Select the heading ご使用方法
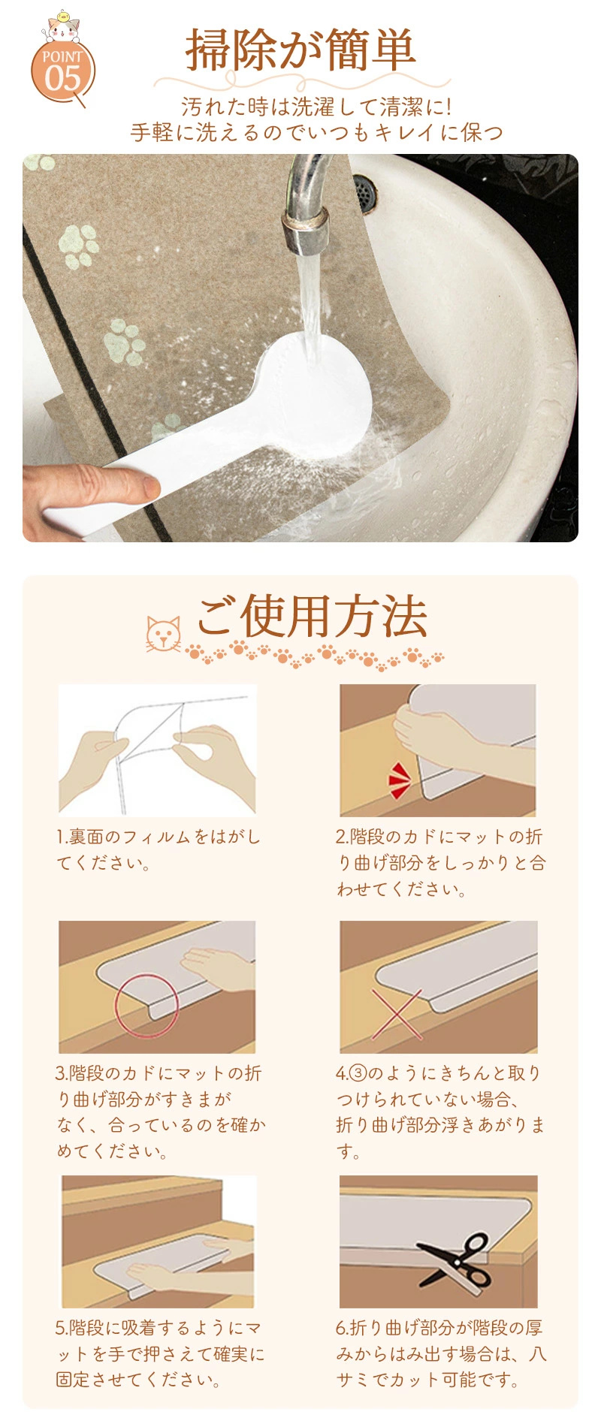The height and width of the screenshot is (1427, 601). pyautogui.click(x=312, y=617)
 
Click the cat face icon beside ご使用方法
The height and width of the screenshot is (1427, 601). pyautogui.click(x=164, y=634)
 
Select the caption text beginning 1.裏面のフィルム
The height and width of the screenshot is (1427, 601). pyautogui.click(x=159, y=849)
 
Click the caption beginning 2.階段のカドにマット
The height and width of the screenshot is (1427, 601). pyautogui.click(x=440, y=863)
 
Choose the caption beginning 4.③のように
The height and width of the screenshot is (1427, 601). pyautogui.click(x=440, y=1112)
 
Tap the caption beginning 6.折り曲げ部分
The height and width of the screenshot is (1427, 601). pyautogui.click(x=440, y=1353)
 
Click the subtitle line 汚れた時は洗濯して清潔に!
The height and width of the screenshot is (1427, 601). pyautogui.click(x=316, y=107)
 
